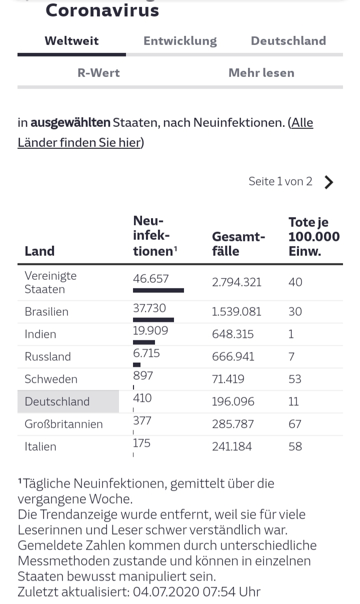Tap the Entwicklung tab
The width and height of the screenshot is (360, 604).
(x=180, y=41)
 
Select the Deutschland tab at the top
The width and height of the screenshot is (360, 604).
(x=288, y=41)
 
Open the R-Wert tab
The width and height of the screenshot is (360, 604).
(x=98, y=73)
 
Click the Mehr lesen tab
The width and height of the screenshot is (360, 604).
(x=261, y=73)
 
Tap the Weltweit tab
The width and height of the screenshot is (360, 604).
(x=71, y=41)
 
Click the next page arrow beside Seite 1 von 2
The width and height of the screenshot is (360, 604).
(x=328, y=182)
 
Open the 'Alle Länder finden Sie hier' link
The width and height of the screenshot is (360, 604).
(x=165, y=132)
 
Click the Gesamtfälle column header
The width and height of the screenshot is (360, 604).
(x=238, y=243)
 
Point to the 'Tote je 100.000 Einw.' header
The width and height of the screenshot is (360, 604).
(x=313, y=236)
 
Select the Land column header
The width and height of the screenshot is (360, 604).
(x=39, y=251)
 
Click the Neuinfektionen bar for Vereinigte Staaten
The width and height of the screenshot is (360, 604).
(x=158, y=290)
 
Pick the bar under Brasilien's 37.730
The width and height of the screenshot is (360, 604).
(x=153, y=320)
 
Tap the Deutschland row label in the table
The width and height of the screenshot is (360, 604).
(x=57, y=402)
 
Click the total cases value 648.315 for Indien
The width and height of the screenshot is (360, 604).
(x=232, y=334)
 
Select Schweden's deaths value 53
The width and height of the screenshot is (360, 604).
(x=295, y=379)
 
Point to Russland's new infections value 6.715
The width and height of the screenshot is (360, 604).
(x=146, y=354)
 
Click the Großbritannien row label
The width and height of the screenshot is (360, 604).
(x=63, y=424)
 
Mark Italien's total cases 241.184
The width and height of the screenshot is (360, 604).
(x=232, y=447)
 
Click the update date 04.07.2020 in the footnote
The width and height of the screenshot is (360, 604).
(x=165, y=592)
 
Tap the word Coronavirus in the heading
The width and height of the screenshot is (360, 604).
(x=102, y=10)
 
